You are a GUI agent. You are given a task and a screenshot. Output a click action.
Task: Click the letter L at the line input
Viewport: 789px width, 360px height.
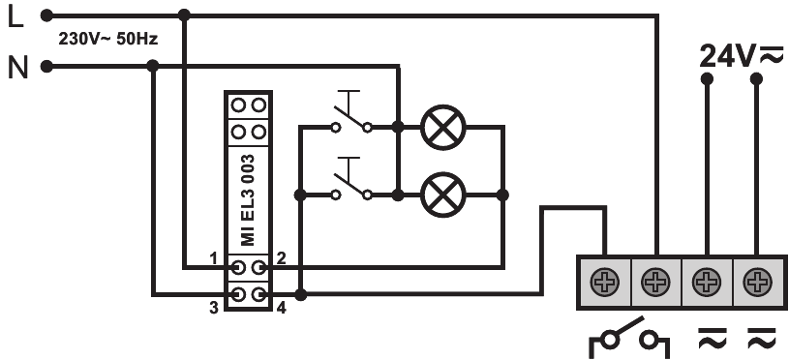[15, 16]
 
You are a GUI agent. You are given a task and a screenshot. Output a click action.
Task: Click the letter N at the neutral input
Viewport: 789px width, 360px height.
[16, 67]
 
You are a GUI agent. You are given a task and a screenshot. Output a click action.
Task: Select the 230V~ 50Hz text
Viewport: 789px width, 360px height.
[109, 41]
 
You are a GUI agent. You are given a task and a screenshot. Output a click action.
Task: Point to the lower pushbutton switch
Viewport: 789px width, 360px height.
[350, 184]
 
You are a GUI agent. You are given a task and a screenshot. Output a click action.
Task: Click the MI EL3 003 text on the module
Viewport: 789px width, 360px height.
[248, 199]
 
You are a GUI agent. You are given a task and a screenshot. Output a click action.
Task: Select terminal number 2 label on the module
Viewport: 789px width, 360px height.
[280, 257]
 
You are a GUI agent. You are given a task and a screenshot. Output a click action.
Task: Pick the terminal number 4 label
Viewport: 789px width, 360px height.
[281, 307]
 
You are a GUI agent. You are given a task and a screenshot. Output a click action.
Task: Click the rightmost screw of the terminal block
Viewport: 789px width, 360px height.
[756, 283]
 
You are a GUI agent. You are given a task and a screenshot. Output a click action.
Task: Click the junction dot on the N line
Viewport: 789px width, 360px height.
[153, 67]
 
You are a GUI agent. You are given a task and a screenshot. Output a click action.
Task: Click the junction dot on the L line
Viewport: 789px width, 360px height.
[185, 15]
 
